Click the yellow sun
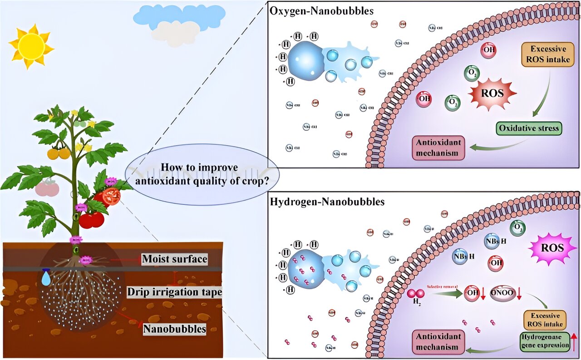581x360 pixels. point(31,46)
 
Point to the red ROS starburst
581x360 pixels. point(492,94)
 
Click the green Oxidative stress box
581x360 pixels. point(529,128)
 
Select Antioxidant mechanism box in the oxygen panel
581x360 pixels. point(438,147)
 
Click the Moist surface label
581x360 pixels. point(174,259)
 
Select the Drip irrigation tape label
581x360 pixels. point(174,291)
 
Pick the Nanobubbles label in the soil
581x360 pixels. point(174,329)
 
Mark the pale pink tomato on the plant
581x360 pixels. point(47,188)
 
